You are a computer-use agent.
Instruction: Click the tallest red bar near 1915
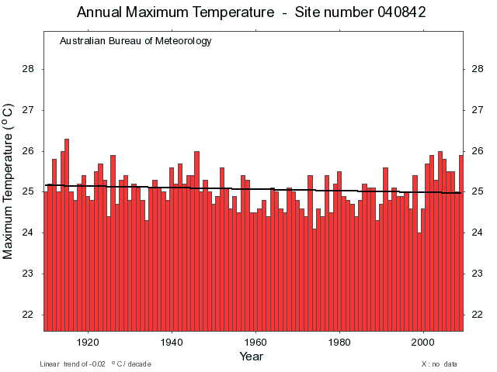pyautogui.click(x=67, y=232)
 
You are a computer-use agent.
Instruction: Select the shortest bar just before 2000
pyautogui.click(x=419, y=279)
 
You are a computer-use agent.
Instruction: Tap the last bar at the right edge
pyautogui.click(x=461, y=240)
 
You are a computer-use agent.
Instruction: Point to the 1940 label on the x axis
pyautogui.click(x=172, y=342)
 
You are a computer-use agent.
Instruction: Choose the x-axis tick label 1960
pyautogui.click(x=255, y=342)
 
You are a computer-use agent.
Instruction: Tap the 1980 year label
pyautogui.click(x=339, y=342)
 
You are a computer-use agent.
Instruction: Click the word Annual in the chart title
pyautogui.click(x=102, y=12)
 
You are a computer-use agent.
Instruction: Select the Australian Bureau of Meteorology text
pyautogui.click(x=135, y=41)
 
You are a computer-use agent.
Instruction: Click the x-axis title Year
pyautogui.click(x=251, y=356)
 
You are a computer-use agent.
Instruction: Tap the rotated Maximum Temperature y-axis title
pyautogui.click(x=9, y=182)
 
